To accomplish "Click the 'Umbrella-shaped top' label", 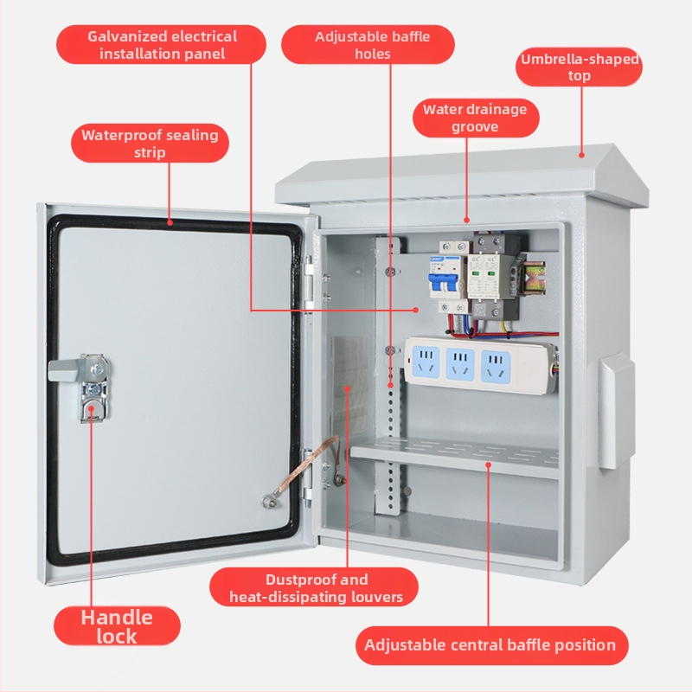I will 580,67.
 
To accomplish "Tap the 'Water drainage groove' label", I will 475,119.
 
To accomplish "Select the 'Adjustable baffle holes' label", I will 372,45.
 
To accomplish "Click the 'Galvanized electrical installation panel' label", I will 162,45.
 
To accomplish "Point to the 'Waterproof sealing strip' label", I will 150,144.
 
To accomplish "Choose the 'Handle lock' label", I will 117,626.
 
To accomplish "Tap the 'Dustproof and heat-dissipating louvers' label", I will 316,587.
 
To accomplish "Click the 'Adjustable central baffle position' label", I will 490,645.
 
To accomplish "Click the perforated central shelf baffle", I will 454,456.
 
